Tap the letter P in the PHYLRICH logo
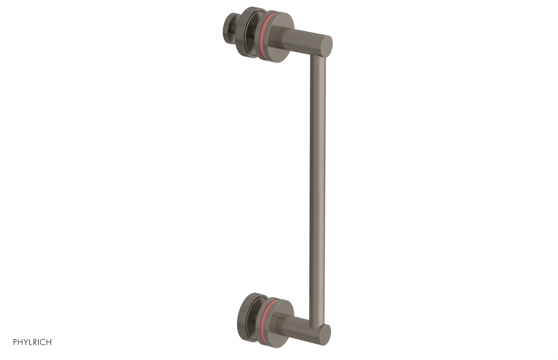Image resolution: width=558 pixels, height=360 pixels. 15,342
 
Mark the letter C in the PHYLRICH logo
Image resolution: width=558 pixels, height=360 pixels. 43,342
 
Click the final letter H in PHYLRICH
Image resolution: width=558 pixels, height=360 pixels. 49,342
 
